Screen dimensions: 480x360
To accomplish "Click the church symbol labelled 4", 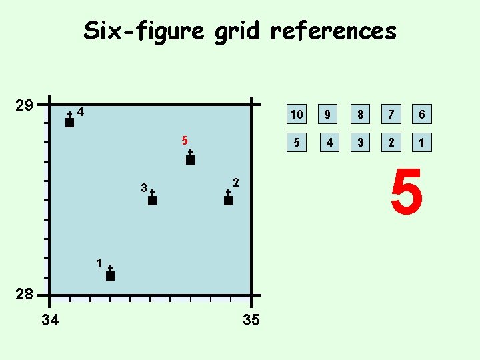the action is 69,121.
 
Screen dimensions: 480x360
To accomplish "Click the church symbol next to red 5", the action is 190,158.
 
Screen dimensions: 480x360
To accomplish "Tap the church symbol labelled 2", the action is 228,199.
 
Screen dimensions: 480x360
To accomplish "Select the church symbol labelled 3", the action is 152,199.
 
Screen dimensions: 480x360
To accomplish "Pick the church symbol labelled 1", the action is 110,274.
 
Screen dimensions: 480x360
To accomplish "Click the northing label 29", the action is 25,106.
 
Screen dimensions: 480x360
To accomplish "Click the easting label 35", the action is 251,321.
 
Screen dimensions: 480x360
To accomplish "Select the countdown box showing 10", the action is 296,115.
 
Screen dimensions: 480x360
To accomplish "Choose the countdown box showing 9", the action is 327,115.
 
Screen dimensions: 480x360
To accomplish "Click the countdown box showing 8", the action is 360,115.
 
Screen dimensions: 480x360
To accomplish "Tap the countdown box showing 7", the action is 392,115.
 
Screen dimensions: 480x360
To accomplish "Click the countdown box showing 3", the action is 360,142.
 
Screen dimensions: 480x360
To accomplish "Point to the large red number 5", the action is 407,193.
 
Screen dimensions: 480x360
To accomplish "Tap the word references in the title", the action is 333,31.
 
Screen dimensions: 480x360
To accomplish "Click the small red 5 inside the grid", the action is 185,141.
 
